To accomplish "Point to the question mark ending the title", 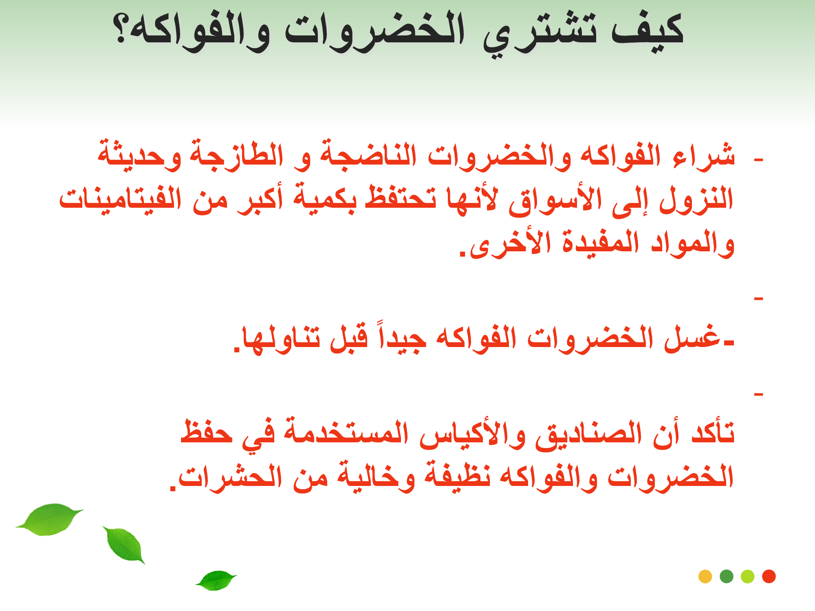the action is pyautogui.click(x=121, y=29).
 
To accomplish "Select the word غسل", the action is pyautogui.click(x=693, y=338).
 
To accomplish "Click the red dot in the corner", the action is pyautogui.click(x=769, y=576).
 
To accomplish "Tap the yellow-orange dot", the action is pyautogui.click(x=705, y=576).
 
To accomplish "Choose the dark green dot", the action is pyautogui.click(x=727, y=576).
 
